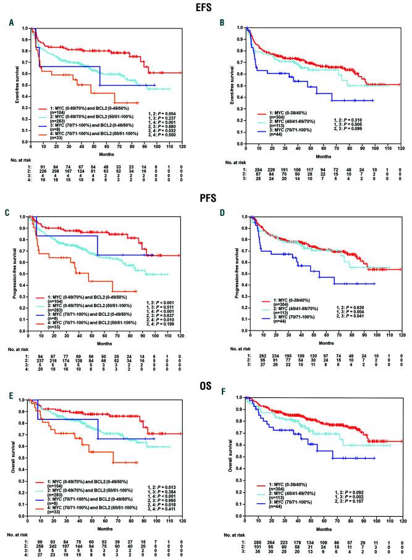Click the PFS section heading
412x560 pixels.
(206, 197)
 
